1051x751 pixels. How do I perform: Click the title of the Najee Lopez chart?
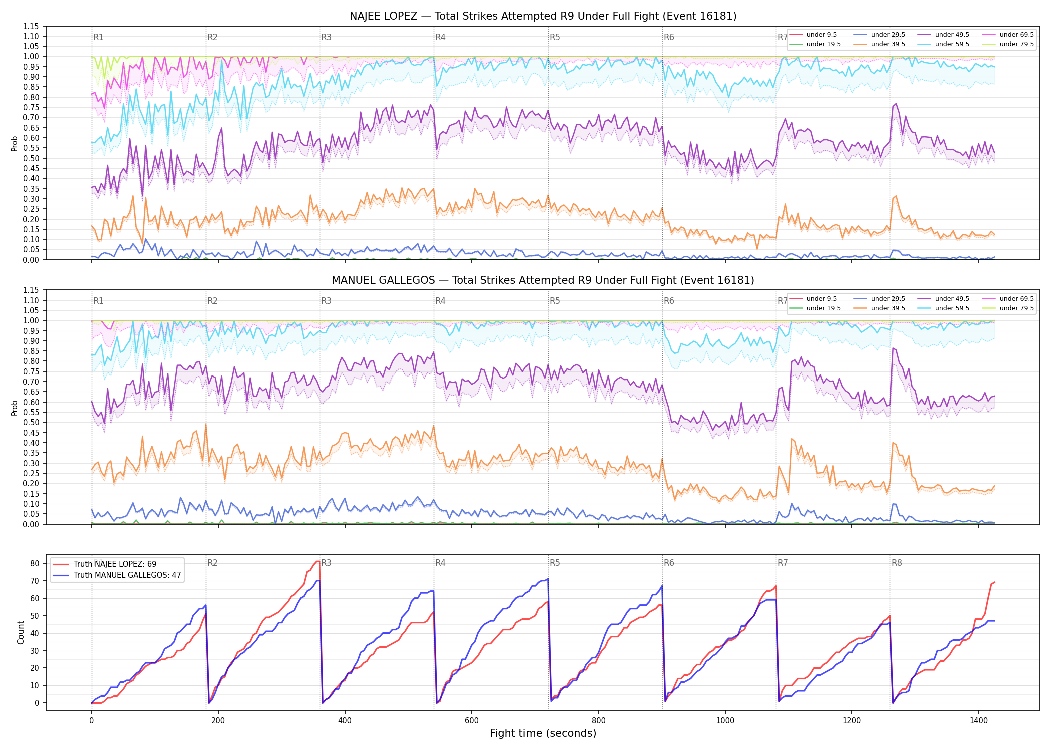(543, 16)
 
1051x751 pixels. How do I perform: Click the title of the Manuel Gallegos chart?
(543, 280)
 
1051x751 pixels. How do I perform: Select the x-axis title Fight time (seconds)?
(543, 733)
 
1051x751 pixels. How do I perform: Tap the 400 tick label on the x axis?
(345, 721)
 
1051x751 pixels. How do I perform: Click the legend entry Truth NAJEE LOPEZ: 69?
(115, 564)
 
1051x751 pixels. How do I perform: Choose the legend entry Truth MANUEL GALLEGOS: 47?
(127, 575)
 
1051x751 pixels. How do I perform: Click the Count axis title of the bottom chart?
(21, 632)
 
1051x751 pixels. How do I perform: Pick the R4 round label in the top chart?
(440, 37)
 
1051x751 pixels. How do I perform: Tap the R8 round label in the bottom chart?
(897, 563)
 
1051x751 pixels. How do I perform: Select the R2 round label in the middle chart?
(212, 301)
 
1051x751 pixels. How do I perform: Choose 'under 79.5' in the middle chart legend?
(1016, 308)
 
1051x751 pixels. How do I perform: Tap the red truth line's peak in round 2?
(318, 561)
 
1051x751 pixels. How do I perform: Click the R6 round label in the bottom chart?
(669, 563)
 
